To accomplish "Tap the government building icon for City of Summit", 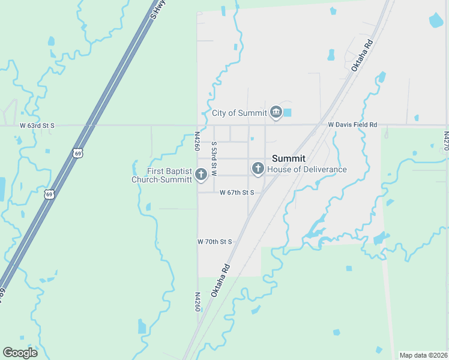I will tap(276, 112).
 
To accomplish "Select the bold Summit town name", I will tap(289, 158).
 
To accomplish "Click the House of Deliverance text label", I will tap(307, 169).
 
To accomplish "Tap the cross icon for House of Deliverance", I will tap(258, 169).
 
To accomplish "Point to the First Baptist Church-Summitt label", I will tap(161, 175).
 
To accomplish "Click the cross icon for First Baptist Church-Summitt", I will tap(201, 175).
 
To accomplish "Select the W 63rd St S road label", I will tap(37, 125).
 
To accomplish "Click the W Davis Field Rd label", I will tap(352, 125).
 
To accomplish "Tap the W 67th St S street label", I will tap(237, 193).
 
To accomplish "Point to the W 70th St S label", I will tap(214, 241).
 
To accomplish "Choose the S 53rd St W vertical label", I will tap(213, 158).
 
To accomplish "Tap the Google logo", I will tap(20, 352).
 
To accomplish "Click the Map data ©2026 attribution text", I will tap(423, 355).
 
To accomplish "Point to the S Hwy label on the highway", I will tap(158, 10).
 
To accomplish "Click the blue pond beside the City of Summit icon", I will tap(287, 112).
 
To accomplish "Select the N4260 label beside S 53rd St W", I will tap(197, 142).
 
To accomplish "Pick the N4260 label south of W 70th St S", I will tap(197, 302).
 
